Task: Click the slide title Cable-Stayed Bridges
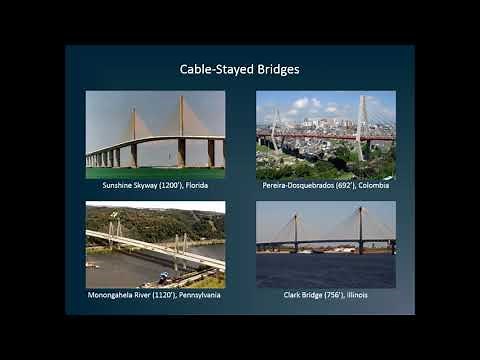(x=239, y=70)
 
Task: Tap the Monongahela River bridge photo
(x=155, y=244)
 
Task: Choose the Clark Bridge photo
(x=325, y=244)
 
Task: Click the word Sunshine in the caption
(x=119, y=185)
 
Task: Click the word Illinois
(x=359, y=295)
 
